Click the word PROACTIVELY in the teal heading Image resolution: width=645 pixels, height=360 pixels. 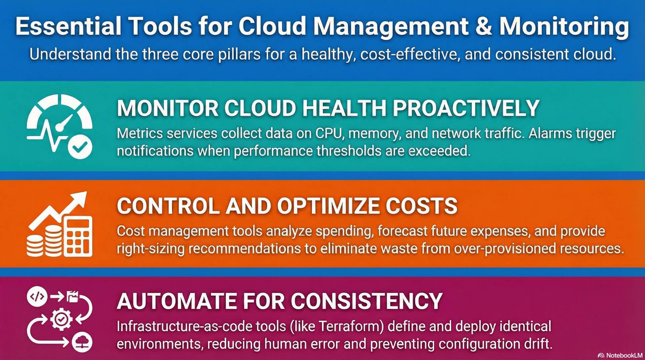pyautogui.click(x=466, y=108)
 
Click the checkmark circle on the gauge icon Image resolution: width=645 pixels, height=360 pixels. pyautogui.click(x=80, y=146)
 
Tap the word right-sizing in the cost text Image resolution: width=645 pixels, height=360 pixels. pyautogui.click(x=150, y=249)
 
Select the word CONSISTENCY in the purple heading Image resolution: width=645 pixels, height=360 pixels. pyautogui.click(x=367, y=301)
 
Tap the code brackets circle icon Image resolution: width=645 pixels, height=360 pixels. pyautogui.click(x=37, y=297)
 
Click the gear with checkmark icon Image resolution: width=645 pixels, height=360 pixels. pyautogui.click(x=61, y=319)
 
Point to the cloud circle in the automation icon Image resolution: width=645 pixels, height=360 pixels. pyautogui.click(x=82, y=342)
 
